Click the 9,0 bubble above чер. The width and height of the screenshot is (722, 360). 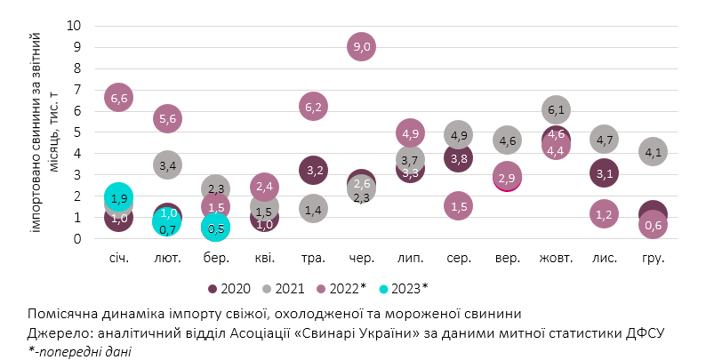click(x=361, y=46)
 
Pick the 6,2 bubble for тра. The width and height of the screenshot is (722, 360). click(x=313, y=107)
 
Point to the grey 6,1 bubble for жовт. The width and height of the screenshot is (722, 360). click(x=556, y=109)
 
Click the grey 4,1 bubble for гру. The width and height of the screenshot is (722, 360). click(x=653, y=152)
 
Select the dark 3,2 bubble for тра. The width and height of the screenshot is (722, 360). click(x=313, y=170)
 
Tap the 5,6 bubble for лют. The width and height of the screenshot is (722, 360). click(x=168, y=118)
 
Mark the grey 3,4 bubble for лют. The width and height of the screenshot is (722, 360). click(x=168, y=164)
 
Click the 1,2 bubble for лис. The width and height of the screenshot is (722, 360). click(x=605, y=213)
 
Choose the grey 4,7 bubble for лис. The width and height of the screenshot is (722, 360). click(x=605, y=140)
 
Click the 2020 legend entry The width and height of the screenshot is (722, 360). click(x=231, y=288)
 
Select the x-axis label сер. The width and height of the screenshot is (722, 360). click(x=459, y=259)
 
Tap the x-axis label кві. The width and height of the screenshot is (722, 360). click(x=265, y=259)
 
